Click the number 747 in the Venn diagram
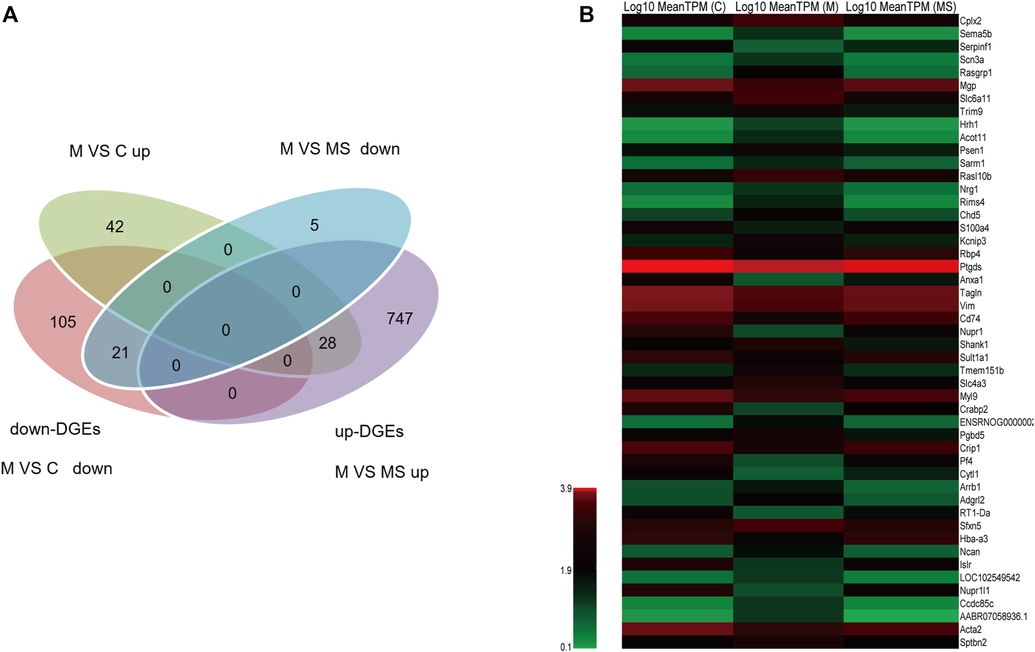[400, 318]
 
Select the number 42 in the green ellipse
[114, 227]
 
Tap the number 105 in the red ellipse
[63, 322]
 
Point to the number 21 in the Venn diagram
[120, 352]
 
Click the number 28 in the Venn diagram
[327, 343]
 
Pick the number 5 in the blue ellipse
[314, 226]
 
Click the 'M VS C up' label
[110, 151]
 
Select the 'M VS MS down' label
[340, 149]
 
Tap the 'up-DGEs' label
[369, 432]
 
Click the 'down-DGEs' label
[55, 429]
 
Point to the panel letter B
[586, 14]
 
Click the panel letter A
[10, 14]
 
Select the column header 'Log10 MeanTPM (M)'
[786, 7]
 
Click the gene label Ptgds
[971, 267]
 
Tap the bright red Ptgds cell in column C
[677, 266]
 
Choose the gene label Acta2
[971, 629]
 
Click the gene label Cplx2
[971, 21]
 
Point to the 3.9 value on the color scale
[565, 489]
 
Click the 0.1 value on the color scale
[565, 647]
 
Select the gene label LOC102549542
[990, 578]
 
